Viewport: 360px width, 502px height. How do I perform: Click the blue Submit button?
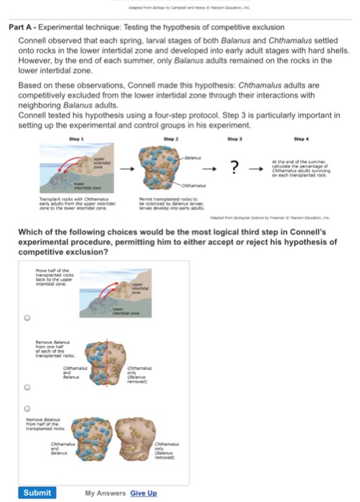click(37, 493)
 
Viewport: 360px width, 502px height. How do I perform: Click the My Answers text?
click(106, 493)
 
